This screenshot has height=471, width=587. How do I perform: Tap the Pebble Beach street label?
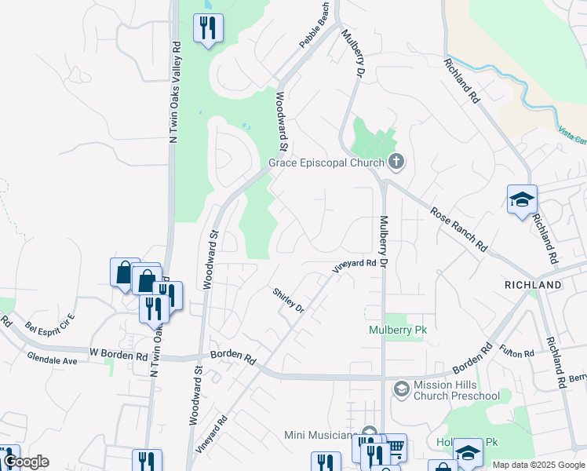(314, 25)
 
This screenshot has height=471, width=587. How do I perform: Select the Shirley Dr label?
(288, 301)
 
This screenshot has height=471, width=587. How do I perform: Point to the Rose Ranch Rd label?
(458, 228)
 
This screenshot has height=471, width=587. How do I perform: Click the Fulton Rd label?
(518, 353)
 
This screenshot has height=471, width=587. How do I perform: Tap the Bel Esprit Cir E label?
(49, 322)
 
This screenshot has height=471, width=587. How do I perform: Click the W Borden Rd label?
(118, 355)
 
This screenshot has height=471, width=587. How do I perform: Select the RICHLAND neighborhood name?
(533, 284)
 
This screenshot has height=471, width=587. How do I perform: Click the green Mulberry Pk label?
(396, 330)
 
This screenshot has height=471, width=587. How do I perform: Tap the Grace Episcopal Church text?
(326, 163)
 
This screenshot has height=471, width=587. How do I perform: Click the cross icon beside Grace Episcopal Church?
(396, 162)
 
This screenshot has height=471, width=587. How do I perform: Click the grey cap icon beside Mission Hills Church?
(401, 389)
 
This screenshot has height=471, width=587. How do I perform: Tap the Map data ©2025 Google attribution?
(538, 465)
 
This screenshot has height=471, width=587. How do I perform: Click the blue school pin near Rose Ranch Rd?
(522, 201)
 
